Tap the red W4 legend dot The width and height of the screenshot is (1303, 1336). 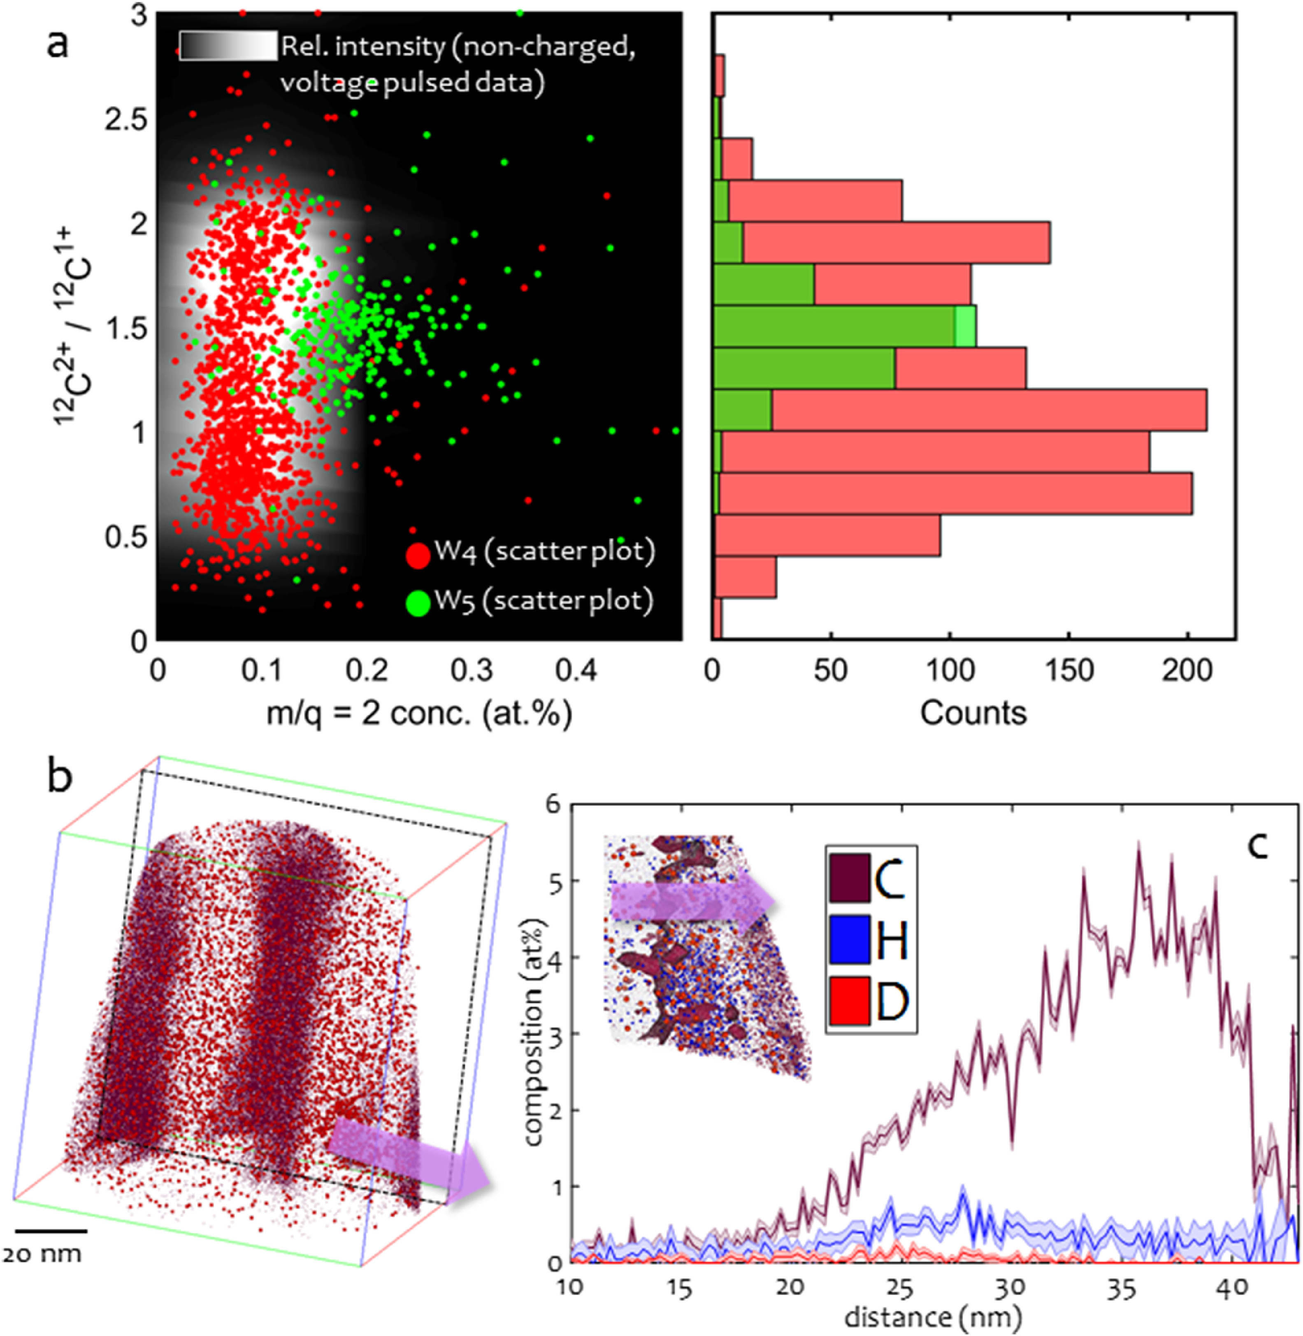[418, 553]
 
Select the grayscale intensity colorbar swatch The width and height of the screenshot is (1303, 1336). [229, 46]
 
